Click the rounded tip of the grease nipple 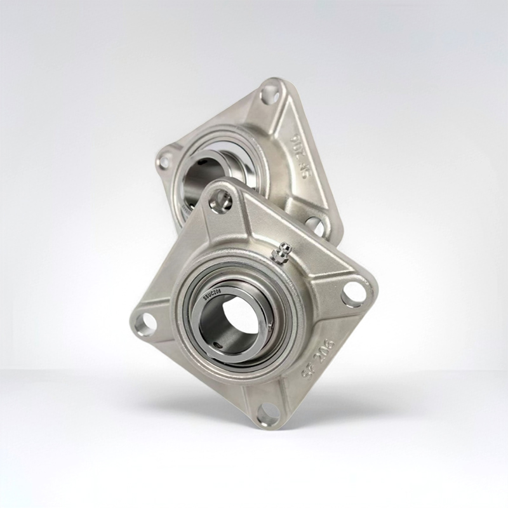tap(278, 246)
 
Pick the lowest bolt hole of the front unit tap(268, 414)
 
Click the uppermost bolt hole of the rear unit tap(270, 93)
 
